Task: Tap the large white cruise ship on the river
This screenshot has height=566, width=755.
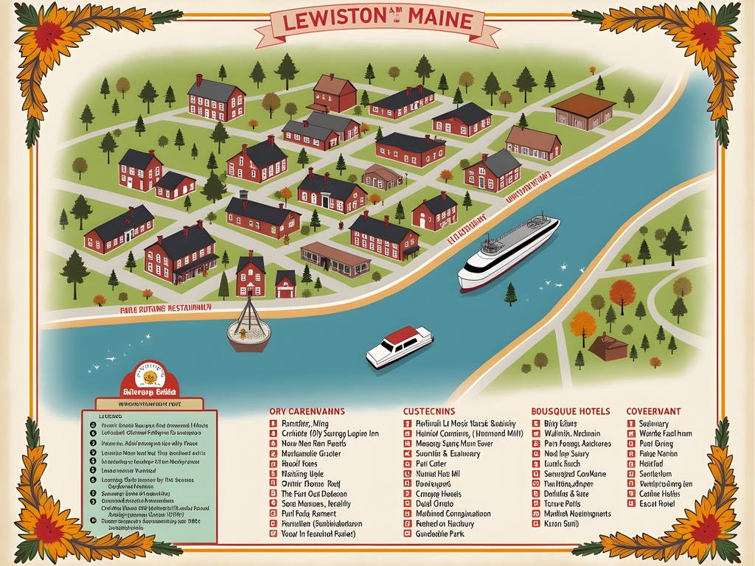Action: point(509,253)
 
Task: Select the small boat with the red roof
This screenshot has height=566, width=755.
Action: point(400,346)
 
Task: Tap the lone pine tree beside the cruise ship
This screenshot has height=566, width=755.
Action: point(510,294)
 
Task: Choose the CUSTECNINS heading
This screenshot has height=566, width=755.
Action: point(429,410)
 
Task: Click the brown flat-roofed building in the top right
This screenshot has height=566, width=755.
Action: point(582,111)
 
